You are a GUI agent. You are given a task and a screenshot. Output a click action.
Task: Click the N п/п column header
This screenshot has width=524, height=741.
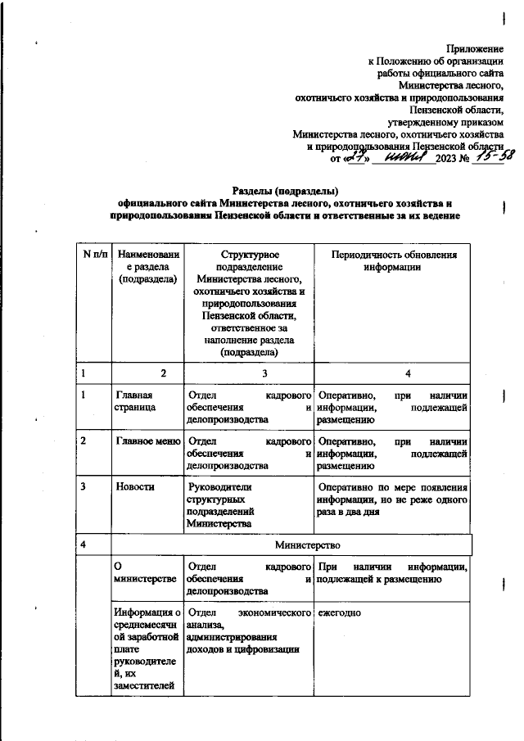click(x=93, y=255)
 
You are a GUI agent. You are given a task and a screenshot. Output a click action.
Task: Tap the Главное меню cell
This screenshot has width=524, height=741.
click(x=147, y=441)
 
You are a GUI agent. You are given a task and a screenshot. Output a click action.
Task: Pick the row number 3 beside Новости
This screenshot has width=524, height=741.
click(x=84, y=486)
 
